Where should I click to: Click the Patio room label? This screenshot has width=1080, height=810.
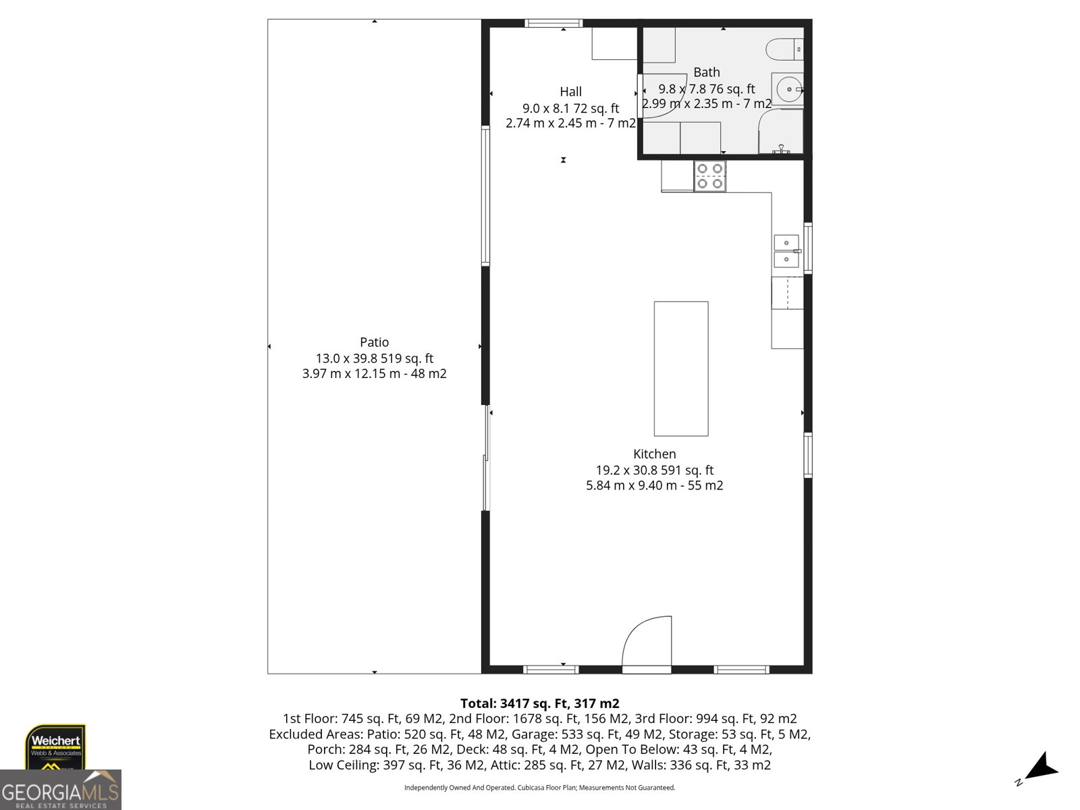(x=374, y=342)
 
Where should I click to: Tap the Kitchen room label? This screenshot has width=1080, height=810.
(x=654, y=454)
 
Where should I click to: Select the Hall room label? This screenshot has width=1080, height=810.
(x=570, y=92)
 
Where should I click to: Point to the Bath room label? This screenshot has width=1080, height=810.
(x=707, y=72)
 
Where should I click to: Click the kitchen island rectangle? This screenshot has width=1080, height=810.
(x=681, y=369)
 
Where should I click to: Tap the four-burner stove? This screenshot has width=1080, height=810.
(x=710, y=175)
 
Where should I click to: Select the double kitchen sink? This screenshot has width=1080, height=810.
(x=786, y=251)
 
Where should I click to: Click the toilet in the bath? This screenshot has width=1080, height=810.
(x=784, y=49)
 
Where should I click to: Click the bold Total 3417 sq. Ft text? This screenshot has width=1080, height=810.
(x=539, y=703)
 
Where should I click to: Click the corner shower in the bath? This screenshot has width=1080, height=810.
(x=782, y=132)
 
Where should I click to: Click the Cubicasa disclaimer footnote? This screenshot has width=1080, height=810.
(x=539, y=788)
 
